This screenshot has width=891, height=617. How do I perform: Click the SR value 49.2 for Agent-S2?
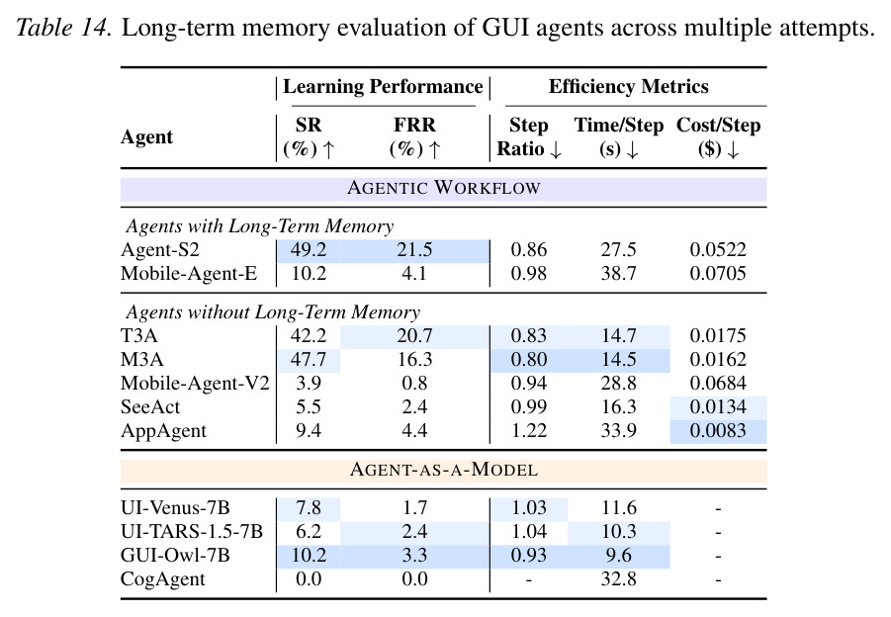click(308, 250)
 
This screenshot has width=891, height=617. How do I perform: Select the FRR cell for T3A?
click(414, 336)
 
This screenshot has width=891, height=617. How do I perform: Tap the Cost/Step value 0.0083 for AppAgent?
click(718, 431)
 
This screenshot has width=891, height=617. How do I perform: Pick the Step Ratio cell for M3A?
click(528, 360)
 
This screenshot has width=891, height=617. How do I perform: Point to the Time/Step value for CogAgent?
click(618, 579)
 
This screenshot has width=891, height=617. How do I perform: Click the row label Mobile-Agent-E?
click(189, 274)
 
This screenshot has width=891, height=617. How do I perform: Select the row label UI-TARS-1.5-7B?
click(192, 532)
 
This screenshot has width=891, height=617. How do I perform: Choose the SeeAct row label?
click(150, 407)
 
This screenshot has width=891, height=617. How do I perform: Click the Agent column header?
click(146, 137)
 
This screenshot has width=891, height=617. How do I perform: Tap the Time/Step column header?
click(618, 136)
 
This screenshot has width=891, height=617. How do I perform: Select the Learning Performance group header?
click(383, 86)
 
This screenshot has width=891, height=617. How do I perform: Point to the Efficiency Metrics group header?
click(629, 86)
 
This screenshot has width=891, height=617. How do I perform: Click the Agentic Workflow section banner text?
click(443, 188)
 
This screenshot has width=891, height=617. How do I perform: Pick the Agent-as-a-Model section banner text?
click(443, 470)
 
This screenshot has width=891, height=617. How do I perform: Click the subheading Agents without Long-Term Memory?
click(273, 311)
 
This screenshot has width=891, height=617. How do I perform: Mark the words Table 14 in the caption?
click(62, 28)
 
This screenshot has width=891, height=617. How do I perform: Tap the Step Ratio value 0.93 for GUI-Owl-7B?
click(528, 555)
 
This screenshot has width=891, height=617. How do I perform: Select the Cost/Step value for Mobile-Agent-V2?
click(718, 384)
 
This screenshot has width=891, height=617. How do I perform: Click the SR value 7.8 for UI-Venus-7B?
click(308, 508)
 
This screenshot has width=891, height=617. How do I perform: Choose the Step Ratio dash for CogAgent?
click(528, 580)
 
